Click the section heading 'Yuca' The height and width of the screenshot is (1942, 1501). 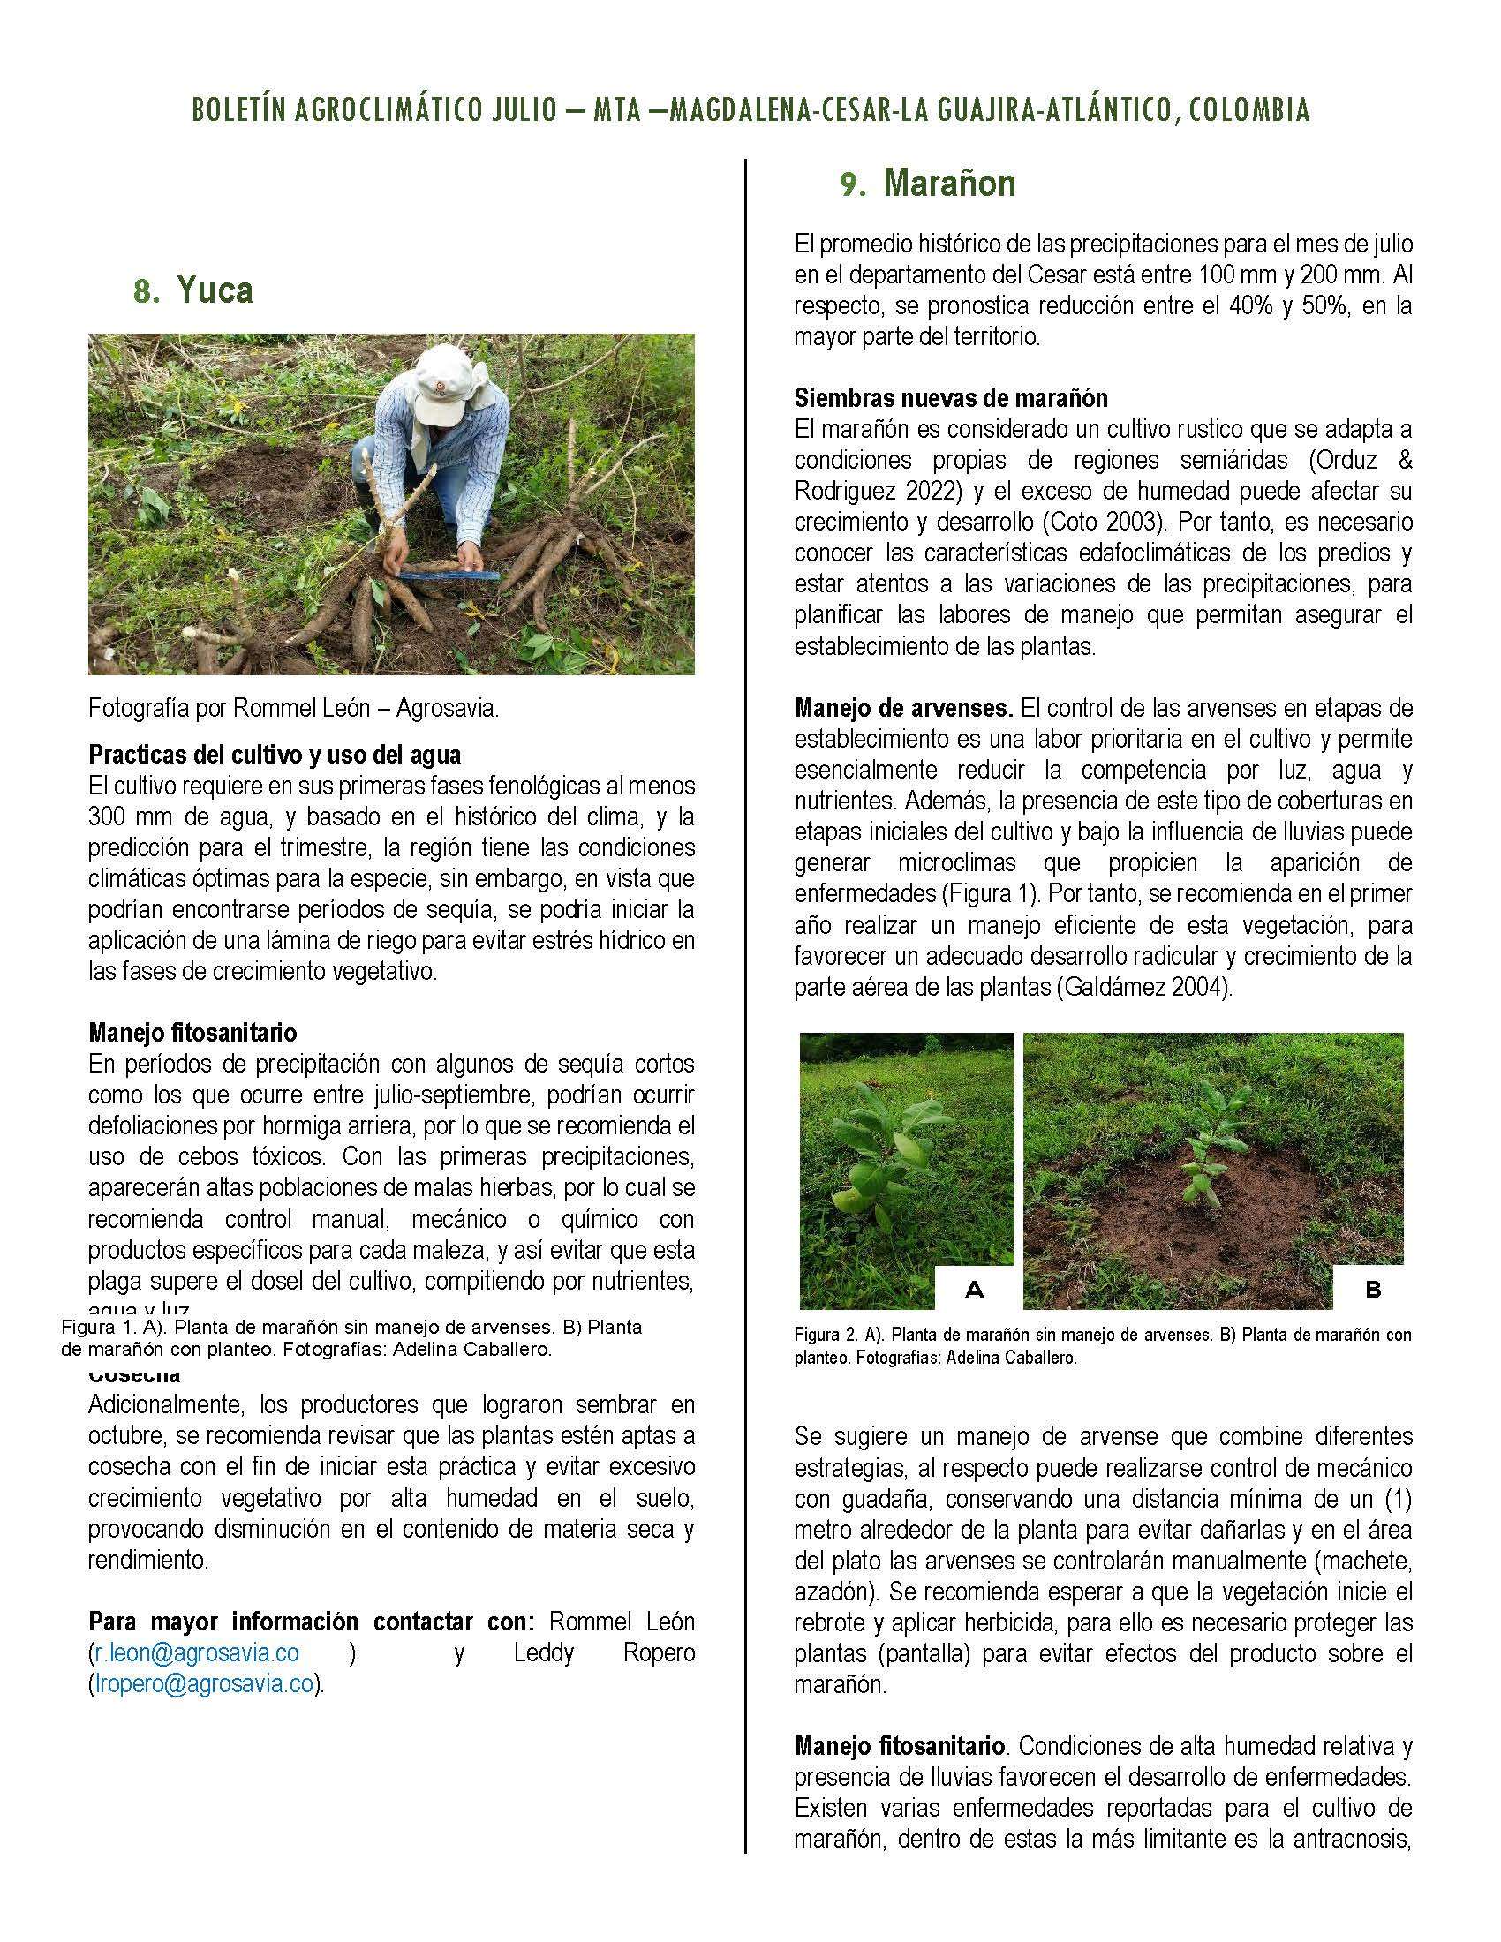pos(215,290)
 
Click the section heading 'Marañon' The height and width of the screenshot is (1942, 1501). pos(950,184)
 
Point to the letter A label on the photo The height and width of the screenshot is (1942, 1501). pos(974,1289)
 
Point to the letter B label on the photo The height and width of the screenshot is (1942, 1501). pos(1372,1289)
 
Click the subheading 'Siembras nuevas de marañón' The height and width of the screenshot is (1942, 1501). pos(951,397)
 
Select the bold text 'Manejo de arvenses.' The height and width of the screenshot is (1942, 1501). pos(903,709)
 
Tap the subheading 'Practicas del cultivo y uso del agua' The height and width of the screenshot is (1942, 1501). pos(275,755)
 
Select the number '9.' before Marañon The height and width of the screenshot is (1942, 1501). pos(853,185)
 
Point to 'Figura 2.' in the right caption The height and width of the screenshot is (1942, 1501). pos(824,1335)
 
